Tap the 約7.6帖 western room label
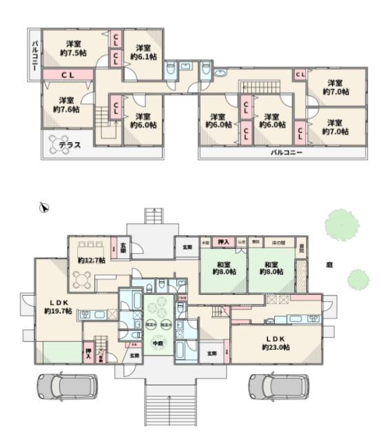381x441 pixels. click(x=66, y=104)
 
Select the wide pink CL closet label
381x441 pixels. click(x=68, y=74)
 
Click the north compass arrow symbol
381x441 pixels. click(x=43, y=206)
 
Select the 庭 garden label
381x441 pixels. click(x=330, y=264)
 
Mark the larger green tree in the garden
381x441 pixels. click(x=341, y=224)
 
